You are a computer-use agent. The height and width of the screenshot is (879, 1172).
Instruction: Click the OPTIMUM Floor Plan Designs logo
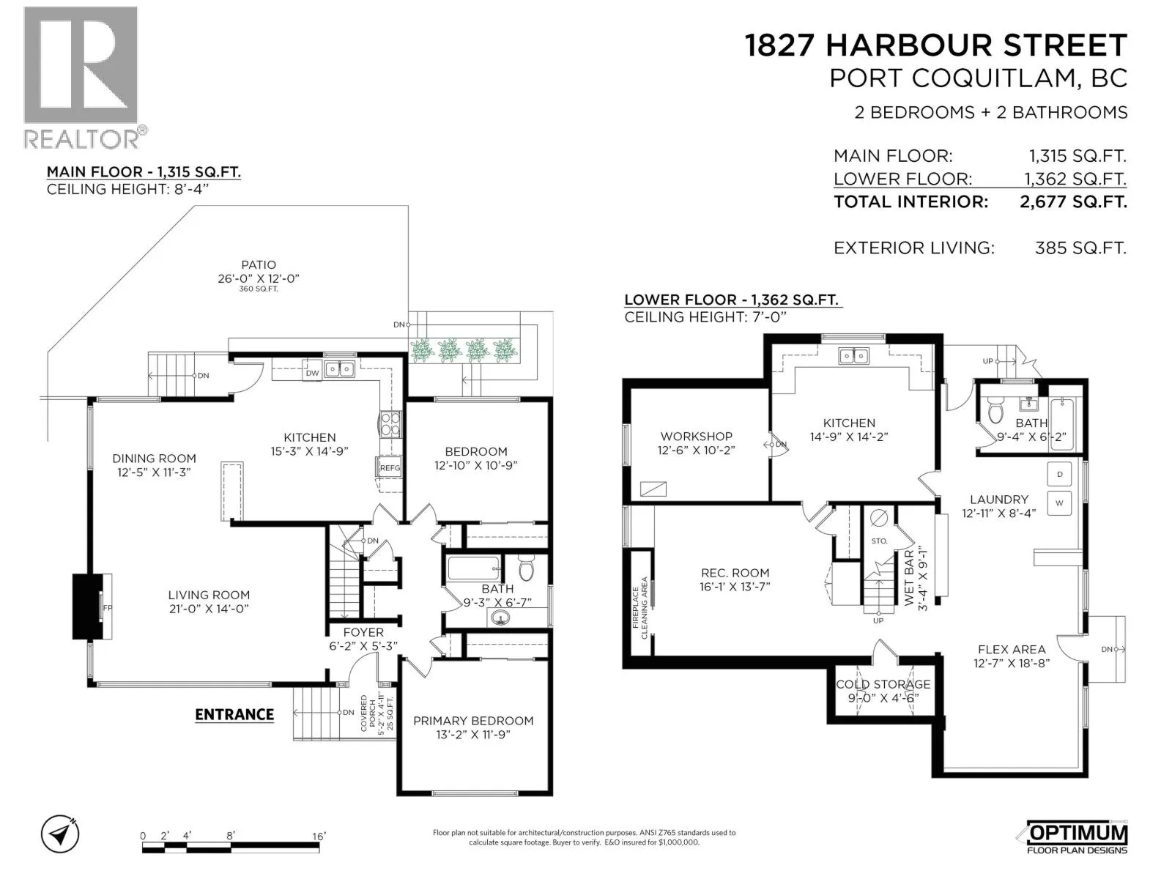[x=1077, y=837]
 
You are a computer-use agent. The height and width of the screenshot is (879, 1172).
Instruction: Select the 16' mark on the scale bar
[x=319, y=836]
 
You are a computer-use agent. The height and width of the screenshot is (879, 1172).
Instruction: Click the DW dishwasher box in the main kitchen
[x=312, y=373]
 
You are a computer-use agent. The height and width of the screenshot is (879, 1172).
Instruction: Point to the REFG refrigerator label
[x=390, y=468]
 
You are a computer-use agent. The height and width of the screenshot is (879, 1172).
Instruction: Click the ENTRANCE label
[x=234, y=715]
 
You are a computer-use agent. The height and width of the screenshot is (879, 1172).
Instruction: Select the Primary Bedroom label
[x=473, y=721]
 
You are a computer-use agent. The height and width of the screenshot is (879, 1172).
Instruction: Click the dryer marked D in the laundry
[x=1059, y=475]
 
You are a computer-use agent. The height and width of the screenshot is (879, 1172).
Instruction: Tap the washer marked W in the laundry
[x=1059, y=503]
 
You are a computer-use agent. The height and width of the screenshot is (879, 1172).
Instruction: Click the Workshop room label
[x=697, y=436]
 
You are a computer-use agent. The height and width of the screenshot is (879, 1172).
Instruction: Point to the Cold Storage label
[x=883, y=684]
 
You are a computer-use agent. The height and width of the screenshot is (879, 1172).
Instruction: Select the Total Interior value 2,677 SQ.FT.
[x=1073, y=201]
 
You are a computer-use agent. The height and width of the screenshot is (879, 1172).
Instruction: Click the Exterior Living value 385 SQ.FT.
[x=1080, y=248]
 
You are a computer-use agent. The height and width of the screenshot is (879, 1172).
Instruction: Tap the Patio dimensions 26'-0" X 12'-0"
[x=259, y=278]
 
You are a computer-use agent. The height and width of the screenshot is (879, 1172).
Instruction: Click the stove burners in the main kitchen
[x=390, y=425]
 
